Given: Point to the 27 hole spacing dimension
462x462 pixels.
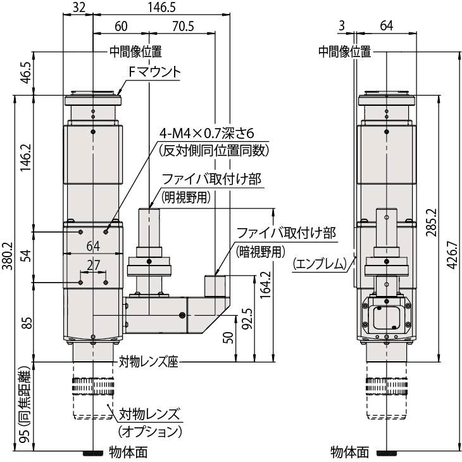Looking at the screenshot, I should tap(94, 266).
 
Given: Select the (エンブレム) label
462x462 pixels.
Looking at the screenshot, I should tap(320, 264).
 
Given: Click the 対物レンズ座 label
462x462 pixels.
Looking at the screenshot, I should tap(149, 362).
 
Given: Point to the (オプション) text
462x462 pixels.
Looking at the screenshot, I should tap(149, 432).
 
